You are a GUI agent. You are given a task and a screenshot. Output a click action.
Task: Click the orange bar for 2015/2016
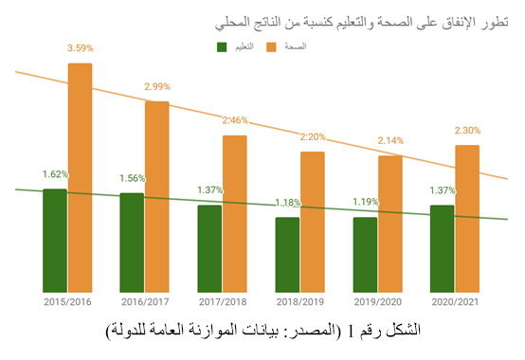click(80, 178)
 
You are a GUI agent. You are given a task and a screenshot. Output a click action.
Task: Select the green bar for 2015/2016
click(55, 241)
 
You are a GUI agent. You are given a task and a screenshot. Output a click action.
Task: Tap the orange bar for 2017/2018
click(235, 214)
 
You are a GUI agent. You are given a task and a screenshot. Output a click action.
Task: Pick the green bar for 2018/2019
click(287, 255)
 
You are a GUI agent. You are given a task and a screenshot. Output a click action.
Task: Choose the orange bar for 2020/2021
click(467, 219)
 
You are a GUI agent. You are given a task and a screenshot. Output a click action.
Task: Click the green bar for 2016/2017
click(132, 243)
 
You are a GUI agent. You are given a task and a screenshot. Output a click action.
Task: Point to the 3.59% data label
click(81, 48)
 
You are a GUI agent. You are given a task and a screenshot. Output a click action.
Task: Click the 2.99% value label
click(157, 86)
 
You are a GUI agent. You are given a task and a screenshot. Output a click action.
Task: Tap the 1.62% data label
click(55, 174)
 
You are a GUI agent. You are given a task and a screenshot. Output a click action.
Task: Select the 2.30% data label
click(467, 131)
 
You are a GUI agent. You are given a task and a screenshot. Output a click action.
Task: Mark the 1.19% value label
click(366, 202)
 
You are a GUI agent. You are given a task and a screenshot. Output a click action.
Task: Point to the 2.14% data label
click(390, 140)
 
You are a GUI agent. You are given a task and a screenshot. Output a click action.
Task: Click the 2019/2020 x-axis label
click(378, 302)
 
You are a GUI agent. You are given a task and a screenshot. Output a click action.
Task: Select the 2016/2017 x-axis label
click(145, 302)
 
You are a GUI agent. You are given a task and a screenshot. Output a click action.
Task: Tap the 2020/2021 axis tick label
click(455, 302)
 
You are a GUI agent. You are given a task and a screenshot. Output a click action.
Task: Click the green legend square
click(222, 47)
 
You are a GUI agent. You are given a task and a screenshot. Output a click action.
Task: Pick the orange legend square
click(271, 47)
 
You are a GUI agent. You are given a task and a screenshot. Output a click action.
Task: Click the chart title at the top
click(362, 23)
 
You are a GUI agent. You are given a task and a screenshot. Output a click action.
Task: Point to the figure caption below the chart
click(263, 331)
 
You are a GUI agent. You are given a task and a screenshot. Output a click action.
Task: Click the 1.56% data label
click(133, 178)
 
